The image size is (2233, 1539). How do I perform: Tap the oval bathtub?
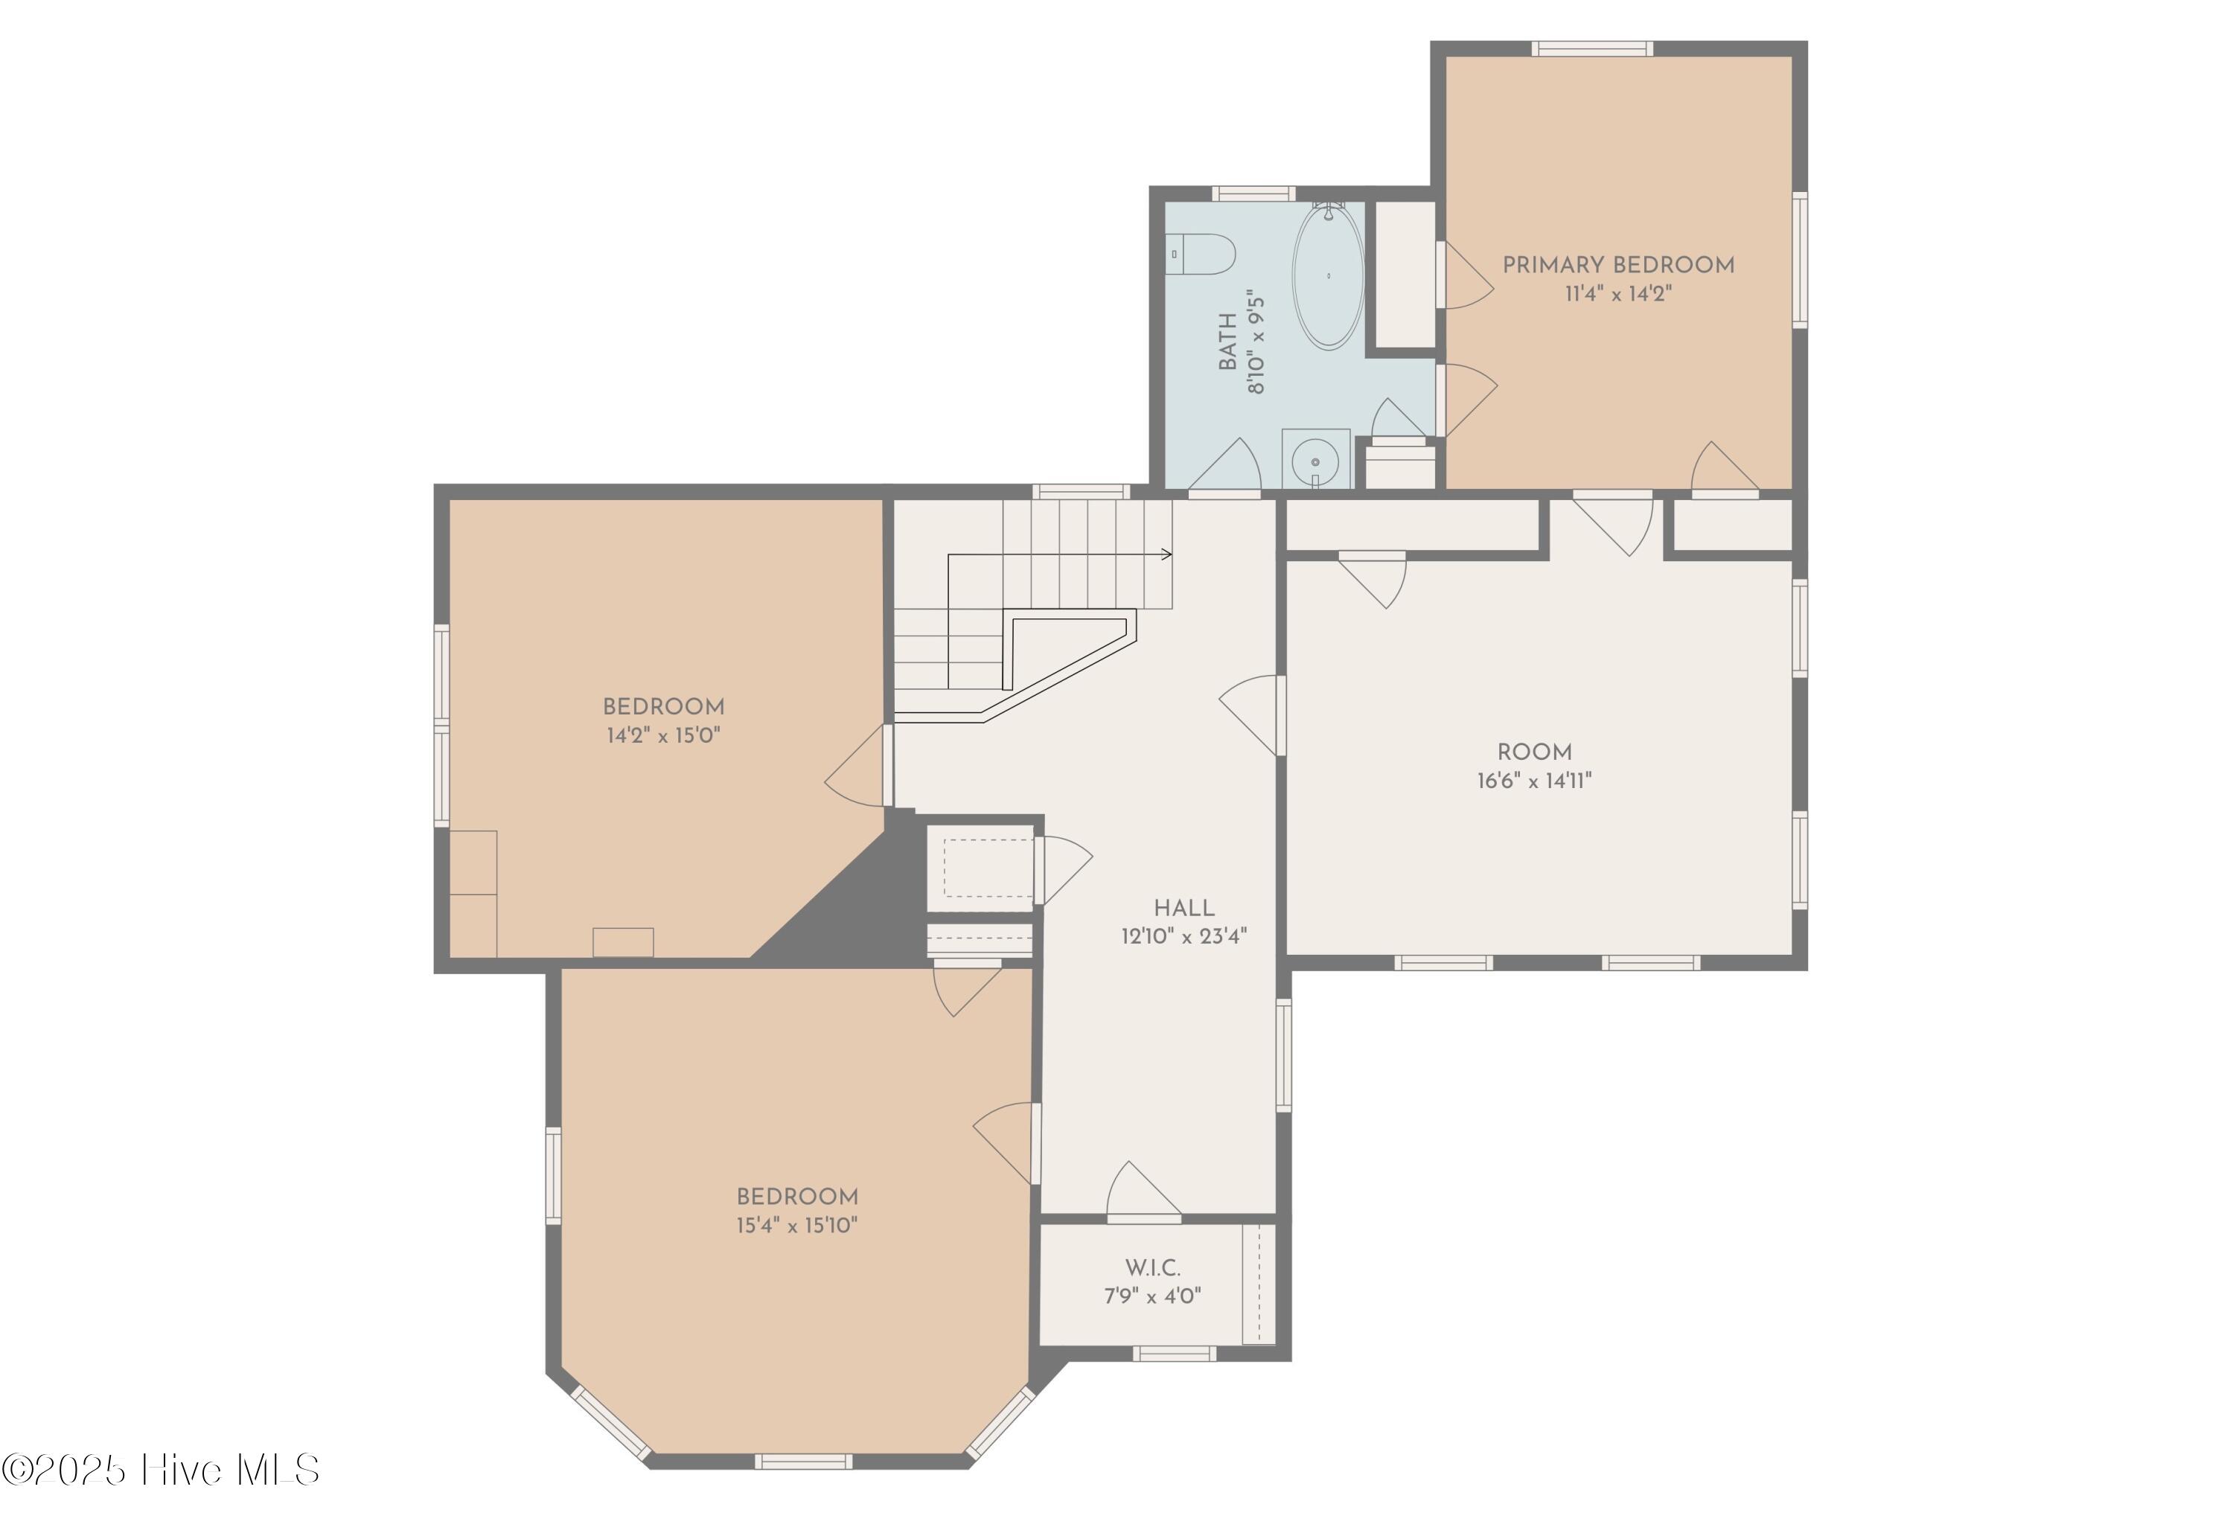[1328, 276]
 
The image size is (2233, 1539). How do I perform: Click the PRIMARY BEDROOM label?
[1618, 265]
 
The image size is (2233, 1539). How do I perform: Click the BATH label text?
[1227, 342]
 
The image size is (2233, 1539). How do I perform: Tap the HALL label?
[1184, 907]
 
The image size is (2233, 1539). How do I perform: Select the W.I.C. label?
[1152, 1267]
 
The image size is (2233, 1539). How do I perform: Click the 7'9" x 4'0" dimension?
[1152, 1296]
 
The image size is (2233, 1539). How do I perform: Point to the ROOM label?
[1534, 752]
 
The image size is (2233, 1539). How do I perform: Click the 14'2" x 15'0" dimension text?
[663, 736]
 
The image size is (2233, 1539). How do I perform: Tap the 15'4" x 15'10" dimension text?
[796, 1226]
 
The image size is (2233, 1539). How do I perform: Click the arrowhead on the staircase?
[1168, 554]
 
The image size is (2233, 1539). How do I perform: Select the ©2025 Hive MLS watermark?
[160, 1471]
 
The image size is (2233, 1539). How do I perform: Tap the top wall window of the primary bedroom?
[1592, 48]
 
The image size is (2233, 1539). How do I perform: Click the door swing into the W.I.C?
[1143, 1192]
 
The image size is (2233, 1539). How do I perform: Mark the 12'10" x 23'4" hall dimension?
[1184, 935]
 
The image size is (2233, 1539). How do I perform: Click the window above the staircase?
[1081, 492]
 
